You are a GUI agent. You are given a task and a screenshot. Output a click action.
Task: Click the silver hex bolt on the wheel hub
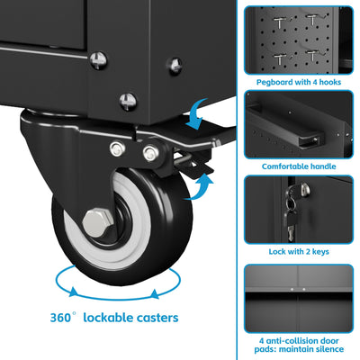[x=97, y=223]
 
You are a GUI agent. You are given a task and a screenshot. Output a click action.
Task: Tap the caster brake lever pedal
[x=193, y=166]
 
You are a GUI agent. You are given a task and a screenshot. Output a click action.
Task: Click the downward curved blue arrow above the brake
[x=196, y=114]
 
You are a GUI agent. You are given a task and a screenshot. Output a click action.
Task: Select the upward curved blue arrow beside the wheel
[x=200, y=187]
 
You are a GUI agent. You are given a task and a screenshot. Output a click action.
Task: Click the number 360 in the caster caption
[x=61, y=318]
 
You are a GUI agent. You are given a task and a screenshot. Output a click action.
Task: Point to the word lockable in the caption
[x=108, y=318]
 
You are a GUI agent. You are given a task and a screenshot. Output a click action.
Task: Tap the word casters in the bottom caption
[x=157, y=318]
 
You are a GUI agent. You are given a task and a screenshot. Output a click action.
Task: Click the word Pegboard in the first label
[x=274, y=82]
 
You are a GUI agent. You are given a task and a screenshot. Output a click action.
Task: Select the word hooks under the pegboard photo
[x=330, y=82]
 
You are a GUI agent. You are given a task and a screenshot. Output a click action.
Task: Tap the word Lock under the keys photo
[x=276, y=251]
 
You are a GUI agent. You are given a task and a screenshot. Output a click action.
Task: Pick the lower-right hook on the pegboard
[x=313, y=56]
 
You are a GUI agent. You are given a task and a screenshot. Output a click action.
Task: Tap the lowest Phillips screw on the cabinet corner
[x=128, y=102]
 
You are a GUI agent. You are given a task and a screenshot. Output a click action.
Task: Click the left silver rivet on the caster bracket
[x=117, y=148]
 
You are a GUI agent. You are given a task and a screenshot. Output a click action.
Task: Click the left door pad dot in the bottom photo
[x=292, y=290]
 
